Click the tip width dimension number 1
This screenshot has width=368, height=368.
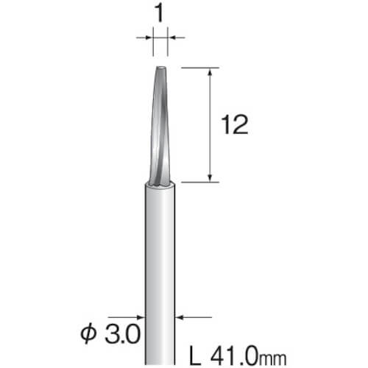[x=160, y=14]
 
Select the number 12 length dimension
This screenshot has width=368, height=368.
[x=235, y=125]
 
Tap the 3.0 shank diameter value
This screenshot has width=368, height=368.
[x=122, y=334]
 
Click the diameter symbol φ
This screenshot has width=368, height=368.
[x=88, y=334]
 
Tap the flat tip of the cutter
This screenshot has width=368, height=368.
[x=160, y=67]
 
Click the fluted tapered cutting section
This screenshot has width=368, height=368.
[x=160, y=125]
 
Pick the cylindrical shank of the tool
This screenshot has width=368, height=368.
[x=160, y=275]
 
